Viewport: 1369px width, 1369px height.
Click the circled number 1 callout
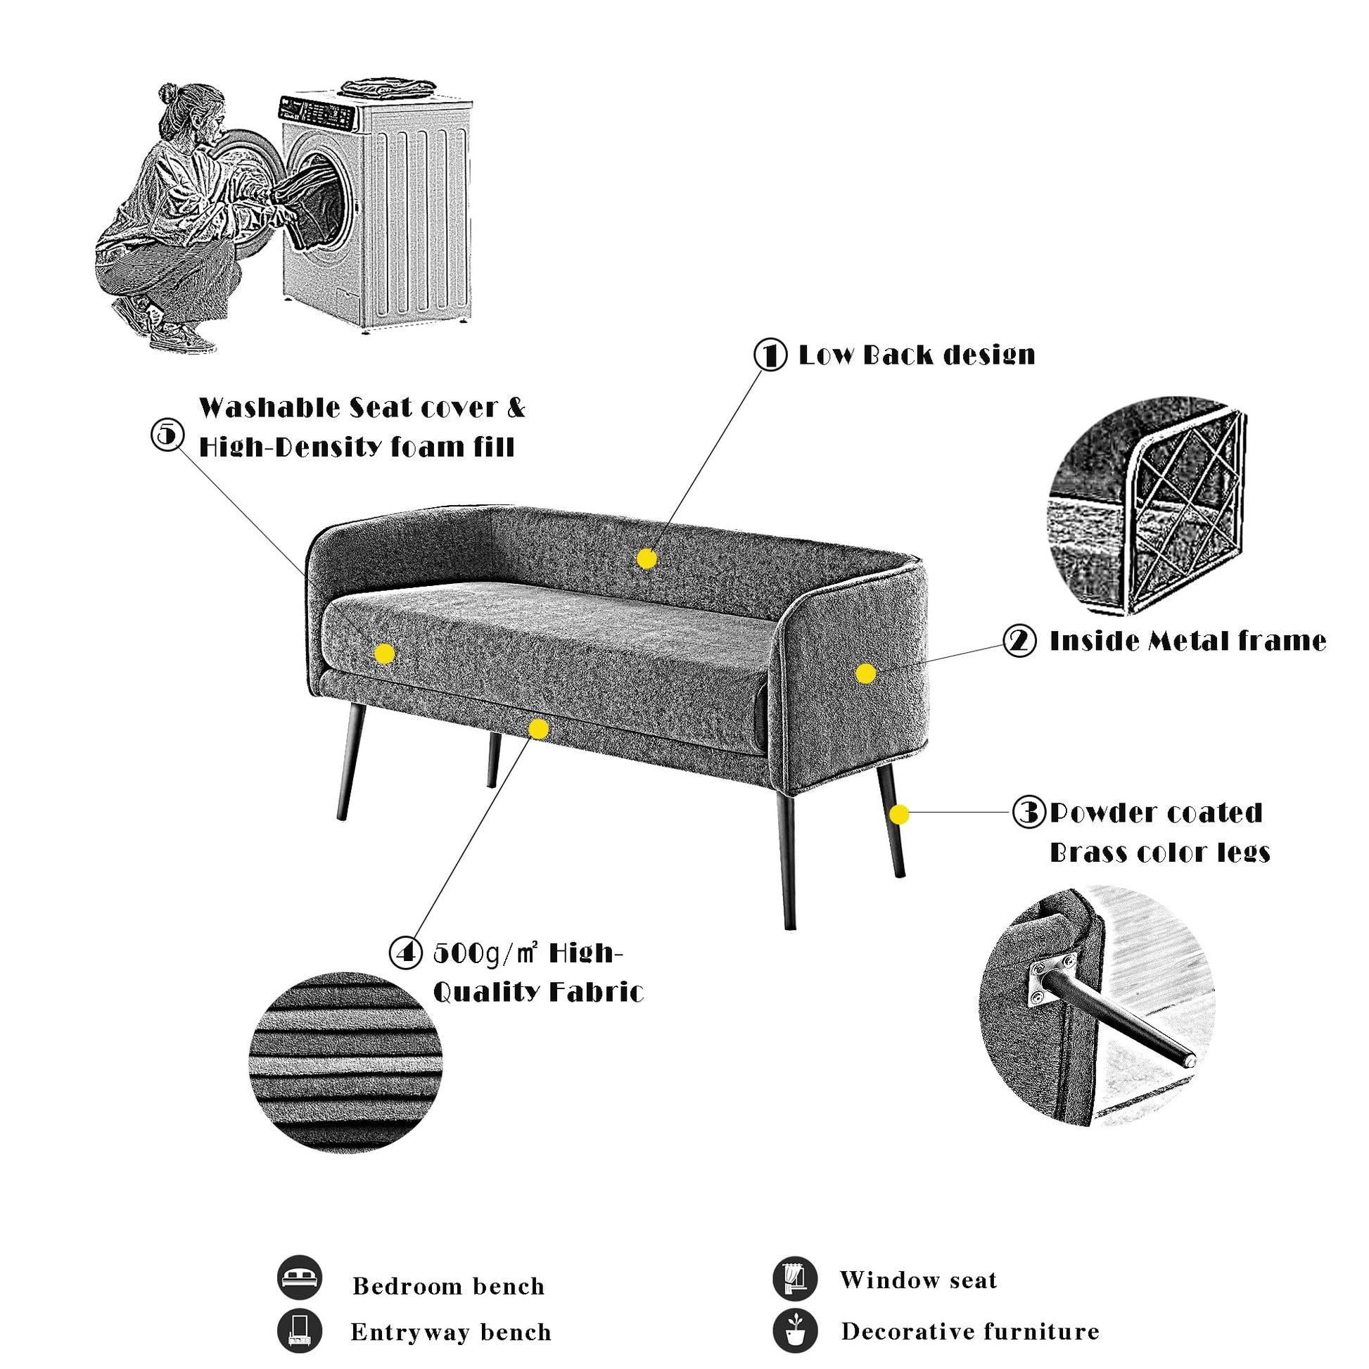(770, 355)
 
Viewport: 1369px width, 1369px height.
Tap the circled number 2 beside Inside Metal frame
(1019, 641)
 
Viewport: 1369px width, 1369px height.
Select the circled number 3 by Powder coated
(1029, 811)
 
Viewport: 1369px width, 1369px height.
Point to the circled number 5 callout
(168, 434)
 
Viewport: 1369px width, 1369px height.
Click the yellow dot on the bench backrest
(647, 559)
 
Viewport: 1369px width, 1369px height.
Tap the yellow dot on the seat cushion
(384, 654)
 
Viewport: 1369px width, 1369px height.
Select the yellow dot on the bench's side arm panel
(865, 673)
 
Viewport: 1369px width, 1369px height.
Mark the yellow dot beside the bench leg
(898, 814)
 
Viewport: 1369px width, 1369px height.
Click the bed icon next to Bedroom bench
(300, 1278)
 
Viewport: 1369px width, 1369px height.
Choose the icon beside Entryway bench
(300, 1331)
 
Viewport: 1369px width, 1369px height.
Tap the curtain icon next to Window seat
(795, 1279)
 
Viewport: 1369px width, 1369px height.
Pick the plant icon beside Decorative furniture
(795, 1330)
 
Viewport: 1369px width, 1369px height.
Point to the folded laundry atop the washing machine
(387, 87)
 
